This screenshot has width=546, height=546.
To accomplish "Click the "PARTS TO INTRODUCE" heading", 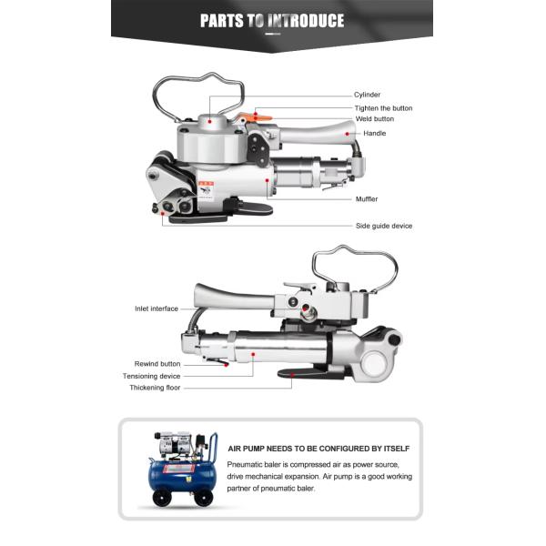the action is [272, 20].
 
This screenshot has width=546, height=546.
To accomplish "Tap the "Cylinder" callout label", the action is [367, 95].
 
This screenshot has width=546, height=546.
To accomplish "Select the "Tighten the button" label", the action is [383, 108].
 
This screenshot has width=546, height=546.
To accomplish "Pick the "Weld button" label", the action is [375, 118].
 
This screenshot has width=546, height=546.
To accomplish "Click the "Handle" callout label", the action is [374, 134].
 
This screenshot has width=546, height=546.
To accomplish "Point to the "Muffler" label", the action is [367, 199].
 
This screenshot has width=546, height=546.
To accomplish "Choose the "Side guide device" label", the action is [384, 226].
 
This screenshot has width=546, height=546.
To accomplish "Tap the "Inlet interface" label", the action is [157, 308].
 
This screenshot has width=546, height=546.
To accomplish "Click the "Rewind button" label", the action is [157, 364].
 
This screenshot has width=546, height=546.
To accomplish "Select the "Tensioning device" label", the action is [151, 376].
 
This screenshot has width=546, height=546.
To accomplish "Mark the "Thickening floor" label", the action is [155, 388].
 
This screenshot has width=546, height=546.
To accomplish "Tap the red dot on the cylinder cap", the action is [209, 122].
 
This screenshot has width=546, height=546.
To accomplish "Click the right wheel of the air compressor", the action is [203, 497].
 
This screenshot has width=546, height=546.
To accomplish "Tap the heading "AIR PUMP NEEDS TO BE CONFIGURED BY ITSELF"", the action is [318, 449].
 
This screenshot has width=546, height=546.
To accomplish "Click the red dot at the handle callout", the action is [348, 134].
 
